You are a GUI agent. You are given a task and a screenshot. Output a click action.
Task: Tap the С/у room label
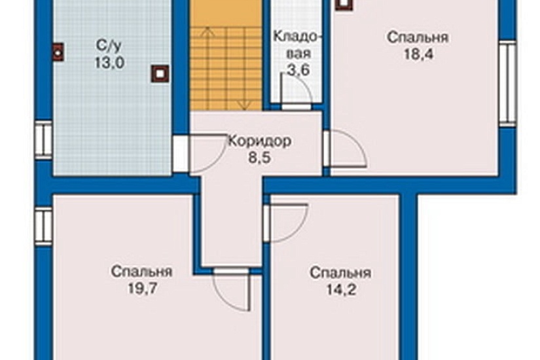coord(109,46)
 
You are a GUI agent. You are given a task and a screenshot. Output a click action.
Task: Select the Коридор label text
coord(260,141)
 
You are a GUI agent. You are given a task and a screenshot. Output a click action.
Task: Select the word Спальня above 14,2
coord(341,272)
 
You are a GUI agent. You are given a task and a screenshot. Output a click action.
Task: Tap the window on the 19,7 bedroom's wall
coord(44,226)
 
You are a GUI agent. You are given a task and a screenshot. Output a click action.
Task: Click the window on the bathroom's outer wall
coord(43,139)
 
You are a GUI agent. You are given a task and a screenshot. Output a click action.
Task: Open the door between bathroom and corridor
coord(181,154)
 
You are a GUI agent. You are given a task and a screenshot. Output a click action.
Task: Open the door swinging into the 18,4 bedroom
coord(327,148)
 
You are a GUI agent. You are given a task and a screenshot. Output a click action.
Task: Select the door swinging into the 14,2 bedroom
coord(267,223)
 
